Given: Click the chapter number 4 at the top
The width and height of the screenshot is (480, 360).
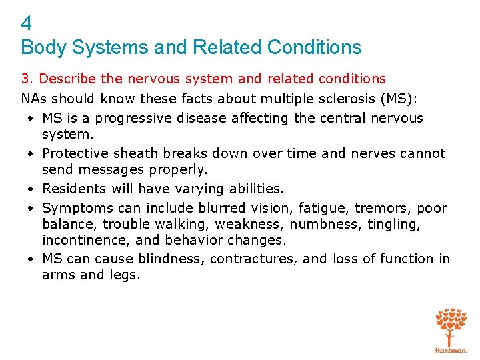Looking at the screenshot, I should (27, 24).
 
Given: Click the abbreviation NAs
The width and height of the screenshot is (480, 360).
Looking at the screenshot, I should (34, 99).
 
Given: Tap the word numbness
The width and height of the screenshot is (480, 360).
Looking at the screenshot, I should (323, 224).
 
